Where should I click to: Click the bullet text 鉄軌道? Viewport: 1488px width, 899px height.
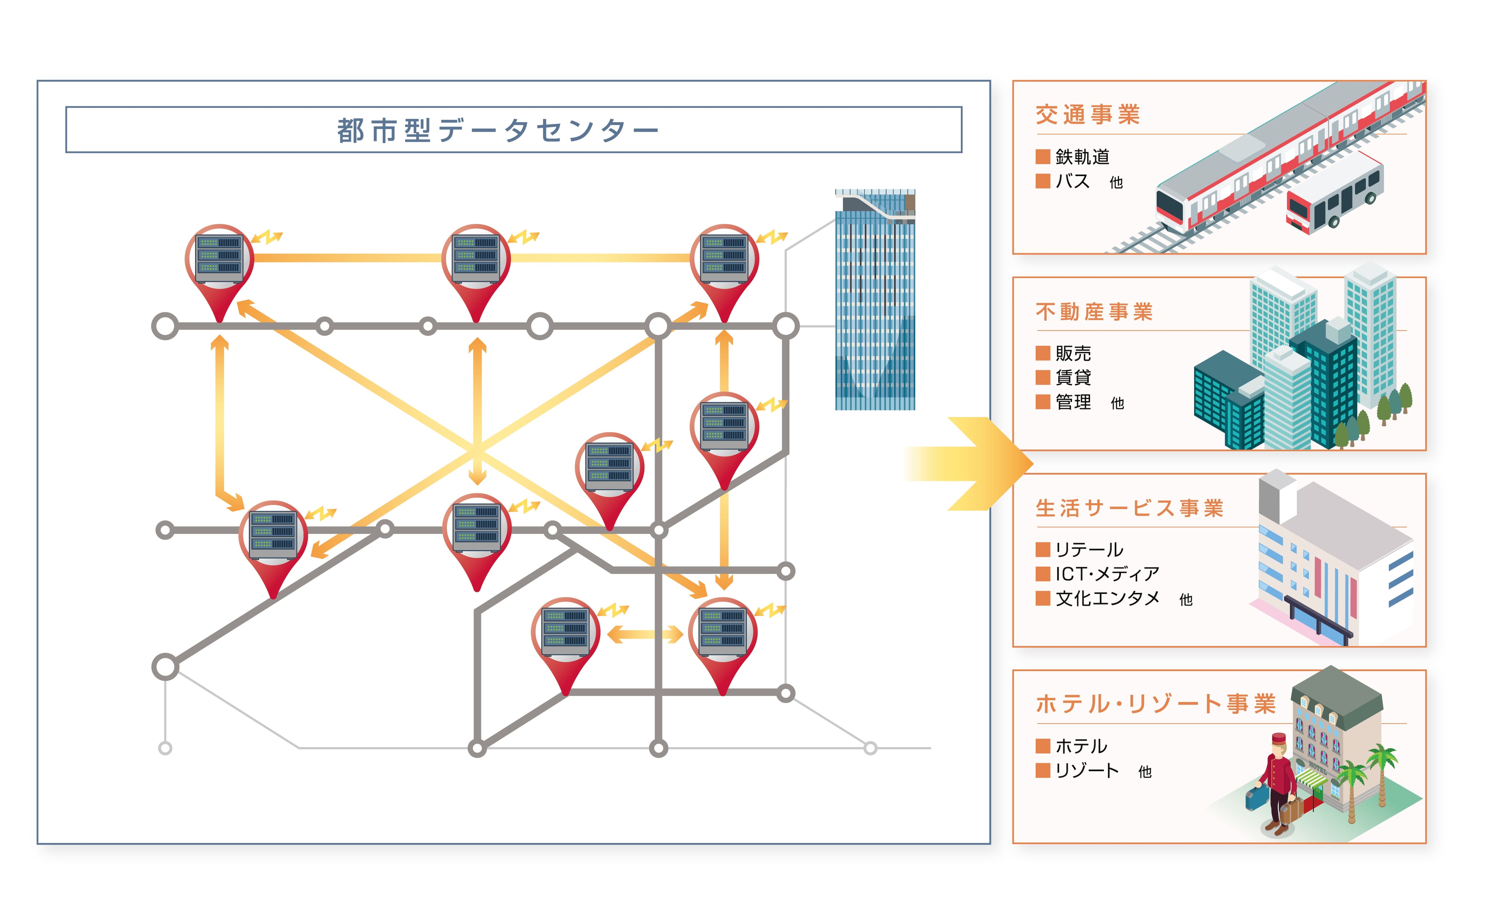click(x=1082, y=157)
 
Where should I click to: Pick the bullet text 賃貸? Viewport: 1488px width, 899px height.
click(x=1073, y=377)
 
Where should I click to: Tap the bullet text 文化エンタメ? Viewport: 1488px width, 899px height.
click(x=1107, y=598)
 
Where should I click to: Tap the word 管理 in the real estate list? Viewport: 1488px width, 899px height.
click(x=1073, y=402)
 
